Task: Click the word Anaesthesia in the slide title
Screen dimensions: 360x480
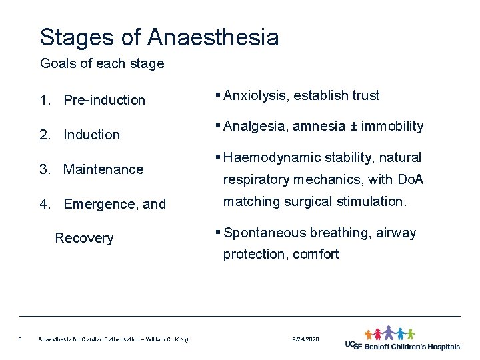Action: click(214, 37)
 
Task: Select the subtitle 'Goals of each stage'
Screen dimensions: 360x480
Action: click(102, 64)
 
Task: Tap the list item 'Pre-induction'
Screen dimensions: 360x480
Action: click(104, 100)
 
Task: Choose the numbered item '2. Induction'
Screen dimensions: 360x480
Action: click(80, 135)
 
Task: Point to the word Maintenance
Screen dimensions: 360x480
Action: click(103, 169)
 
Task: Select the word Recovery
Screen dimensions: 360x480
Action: click(84, 239)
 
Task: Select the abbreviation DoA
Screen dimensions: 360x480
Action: click(410, 180)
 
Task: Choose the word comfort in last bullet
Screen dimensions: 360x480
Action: click(316, 254)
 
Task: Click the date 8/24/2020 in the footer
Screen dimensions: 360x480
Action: click(306, 340)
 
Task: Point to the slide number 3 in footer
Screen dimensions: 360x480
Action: click(21, 340)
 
